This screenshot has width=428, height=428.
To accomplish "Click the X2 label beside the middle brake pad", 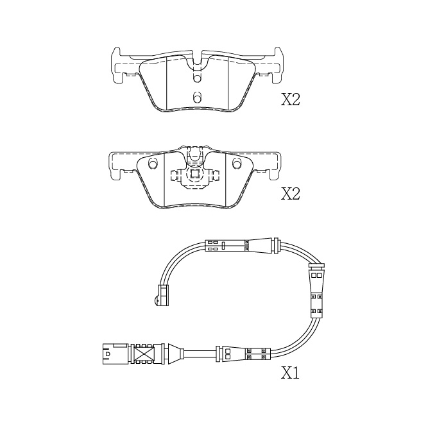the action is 291,194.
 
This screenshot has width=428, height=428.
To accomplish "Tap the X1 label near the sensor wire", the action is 290,373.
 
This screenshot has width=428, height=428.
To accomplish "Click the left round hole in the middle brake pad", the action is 153,163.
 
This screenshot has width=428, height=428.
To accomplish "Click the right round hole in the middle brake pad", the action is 237,163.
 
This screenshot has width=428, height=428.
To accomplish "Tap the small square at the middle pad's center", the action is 194,174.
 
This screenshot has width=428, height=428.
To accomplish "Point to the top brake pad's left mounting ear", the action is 117,65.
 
